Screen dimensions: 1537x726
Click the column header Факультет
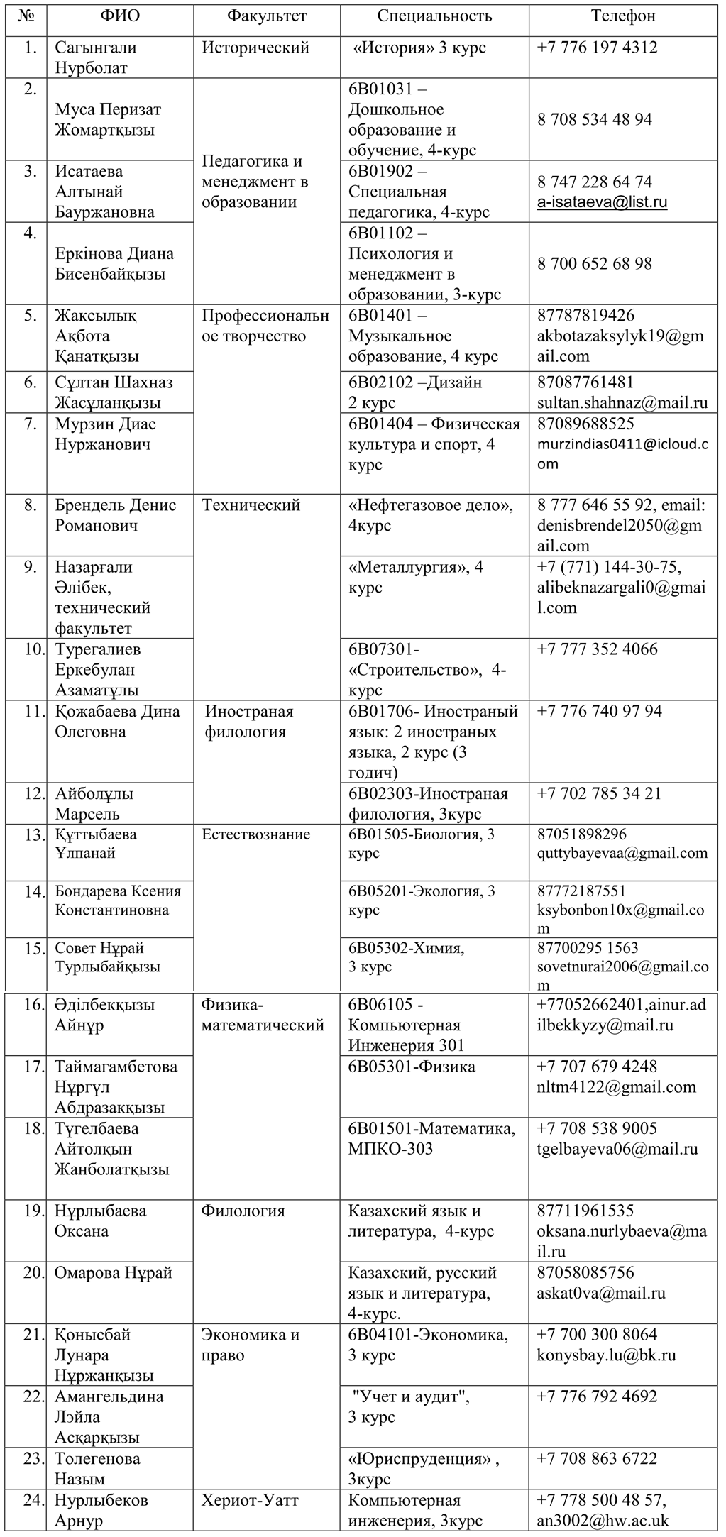(267, 16)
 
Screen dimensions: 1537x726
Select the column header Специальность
(434, 16)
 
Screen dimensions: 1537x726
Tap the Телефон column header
(623, 16)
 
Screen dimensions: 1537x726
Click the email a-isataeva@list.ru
(602, 202)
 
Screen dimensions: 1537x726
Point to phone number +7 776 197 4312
(597, 48)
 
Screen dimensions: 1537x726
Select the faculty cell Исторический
(255, 48)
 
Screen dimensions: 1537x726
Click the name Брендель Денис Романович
(115, 516)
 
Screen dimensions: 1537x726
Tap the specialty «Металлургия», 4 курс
(416, 577)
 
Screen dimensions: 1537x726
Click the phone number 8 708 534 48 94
(595, 119)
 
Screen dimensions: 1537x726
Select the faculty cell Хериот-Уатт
(250, 1501)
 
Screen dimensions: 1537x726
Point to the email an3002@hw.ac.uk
(603, 1521)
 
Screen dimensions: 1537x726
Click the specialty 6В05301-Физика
(412, 1067)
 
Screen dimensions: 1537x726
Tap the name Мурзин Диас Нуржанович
(105, 434)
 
